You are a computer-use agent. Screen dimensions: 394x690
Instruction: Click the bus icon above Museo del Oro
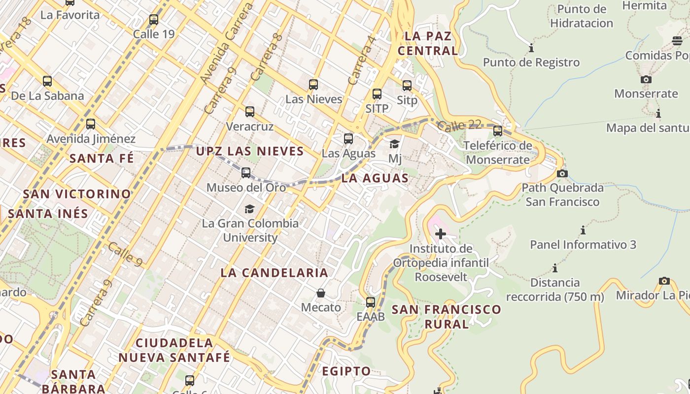(246, 173)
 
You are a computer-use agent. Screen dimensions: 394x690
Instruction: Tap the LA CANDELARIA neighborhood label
(274, 273)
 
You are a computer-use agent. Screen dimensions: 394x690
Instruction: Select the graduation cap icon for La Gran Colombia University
(250, 209)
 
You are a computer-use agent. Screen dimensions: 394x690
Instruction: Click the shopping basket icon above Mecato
(321, 294)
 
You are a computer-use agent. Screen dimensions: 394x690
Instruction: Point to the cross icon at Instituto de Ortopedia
(441, 234)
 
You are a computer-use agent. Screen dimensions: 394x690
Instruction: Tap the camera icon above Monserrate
(646, 79)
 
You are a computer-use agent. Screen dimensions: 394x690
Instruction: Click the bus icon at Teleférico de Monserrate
(498, 131)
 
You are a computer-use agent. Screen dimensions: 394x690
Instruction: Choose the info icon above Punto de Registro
(531, 48)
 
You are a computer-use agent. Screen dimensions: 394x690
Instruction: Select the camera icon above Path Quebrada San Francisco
(562, 173)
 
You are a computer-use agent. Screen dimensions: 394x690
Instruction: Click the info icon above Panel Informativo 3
(583, 230)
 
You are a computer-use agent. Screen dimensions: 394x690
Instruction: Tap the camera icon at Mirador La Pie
(664, 281)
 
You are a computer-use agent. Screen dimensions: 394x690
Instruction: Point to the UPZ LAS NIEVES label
(250, 151)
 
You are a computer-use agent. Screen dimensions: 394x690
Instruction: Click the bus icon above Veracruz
(250, 112)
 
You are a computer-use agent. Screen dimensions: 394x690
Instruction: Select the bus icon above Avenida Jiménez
(91, 124)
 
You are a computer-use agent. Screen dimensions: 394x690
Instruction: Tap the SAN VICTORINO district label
(77, 194)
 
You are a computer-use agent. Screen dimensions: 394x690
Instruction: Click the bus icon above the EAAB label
(371, 302)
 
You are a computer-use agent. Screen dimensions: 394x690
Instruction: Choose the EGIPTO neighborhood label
(346, 371)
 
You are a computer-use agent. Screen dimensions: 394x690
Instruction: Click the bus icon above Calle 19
(154, 20)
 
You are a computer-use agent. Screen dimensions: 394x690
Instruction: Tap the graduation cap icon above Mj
(395, 144)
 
